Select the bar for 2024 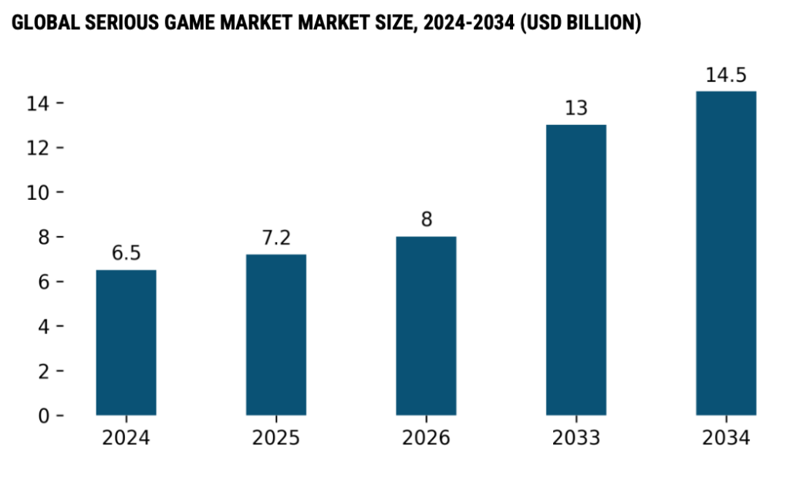pos(126,343)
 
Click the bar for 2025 pos(275,335)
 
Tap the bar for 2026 pos(426,326)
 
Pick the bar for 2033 pos(576,270)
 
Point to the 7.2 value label pos(275,238)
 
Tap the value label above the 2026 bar pos(426,220)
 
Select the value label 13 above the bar pos(576,108)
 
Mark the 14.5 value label pos(726,76)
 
